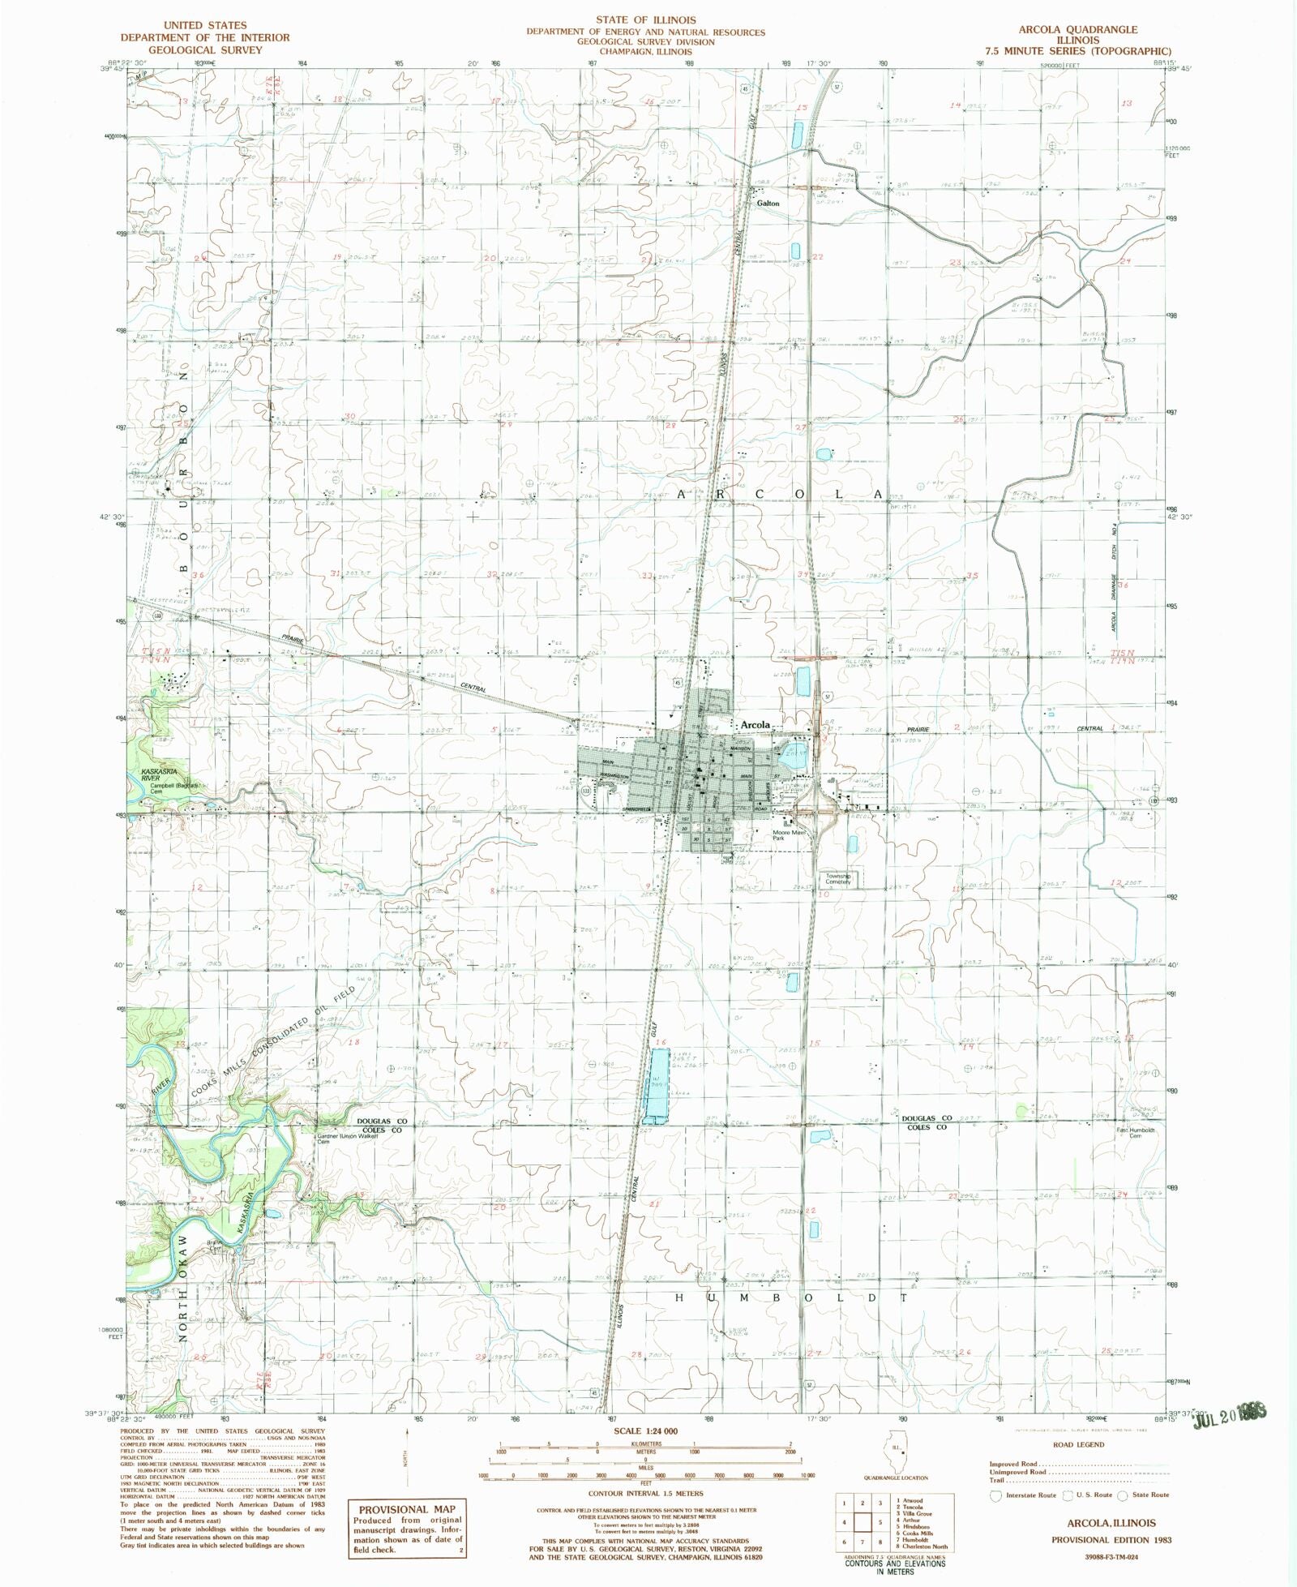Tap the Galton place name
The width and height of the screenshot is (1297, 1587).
pyautogui.click(x=768, y=204)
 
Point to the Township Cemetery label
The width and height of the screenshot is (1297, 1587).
pyautogui.click(x=838, y=878)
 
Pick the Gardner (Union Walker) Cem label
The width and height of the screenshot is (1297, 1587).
pyautogui.click(x=338, y=1139)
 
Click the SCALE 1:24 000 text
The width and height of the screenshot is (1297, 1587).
pyautogui.click(x=647, y=1431)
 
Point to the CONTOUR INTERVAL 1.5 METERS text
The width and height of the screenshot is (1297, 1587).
pyautogui.click(x=647, y=1493)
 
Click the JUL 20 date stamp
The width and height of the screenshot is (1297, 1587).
pyautogui.click(x=1227, y=1412)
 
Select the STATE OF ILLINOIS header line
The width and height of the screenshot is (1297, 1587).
pyautogui.click(x=645, y=19)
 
